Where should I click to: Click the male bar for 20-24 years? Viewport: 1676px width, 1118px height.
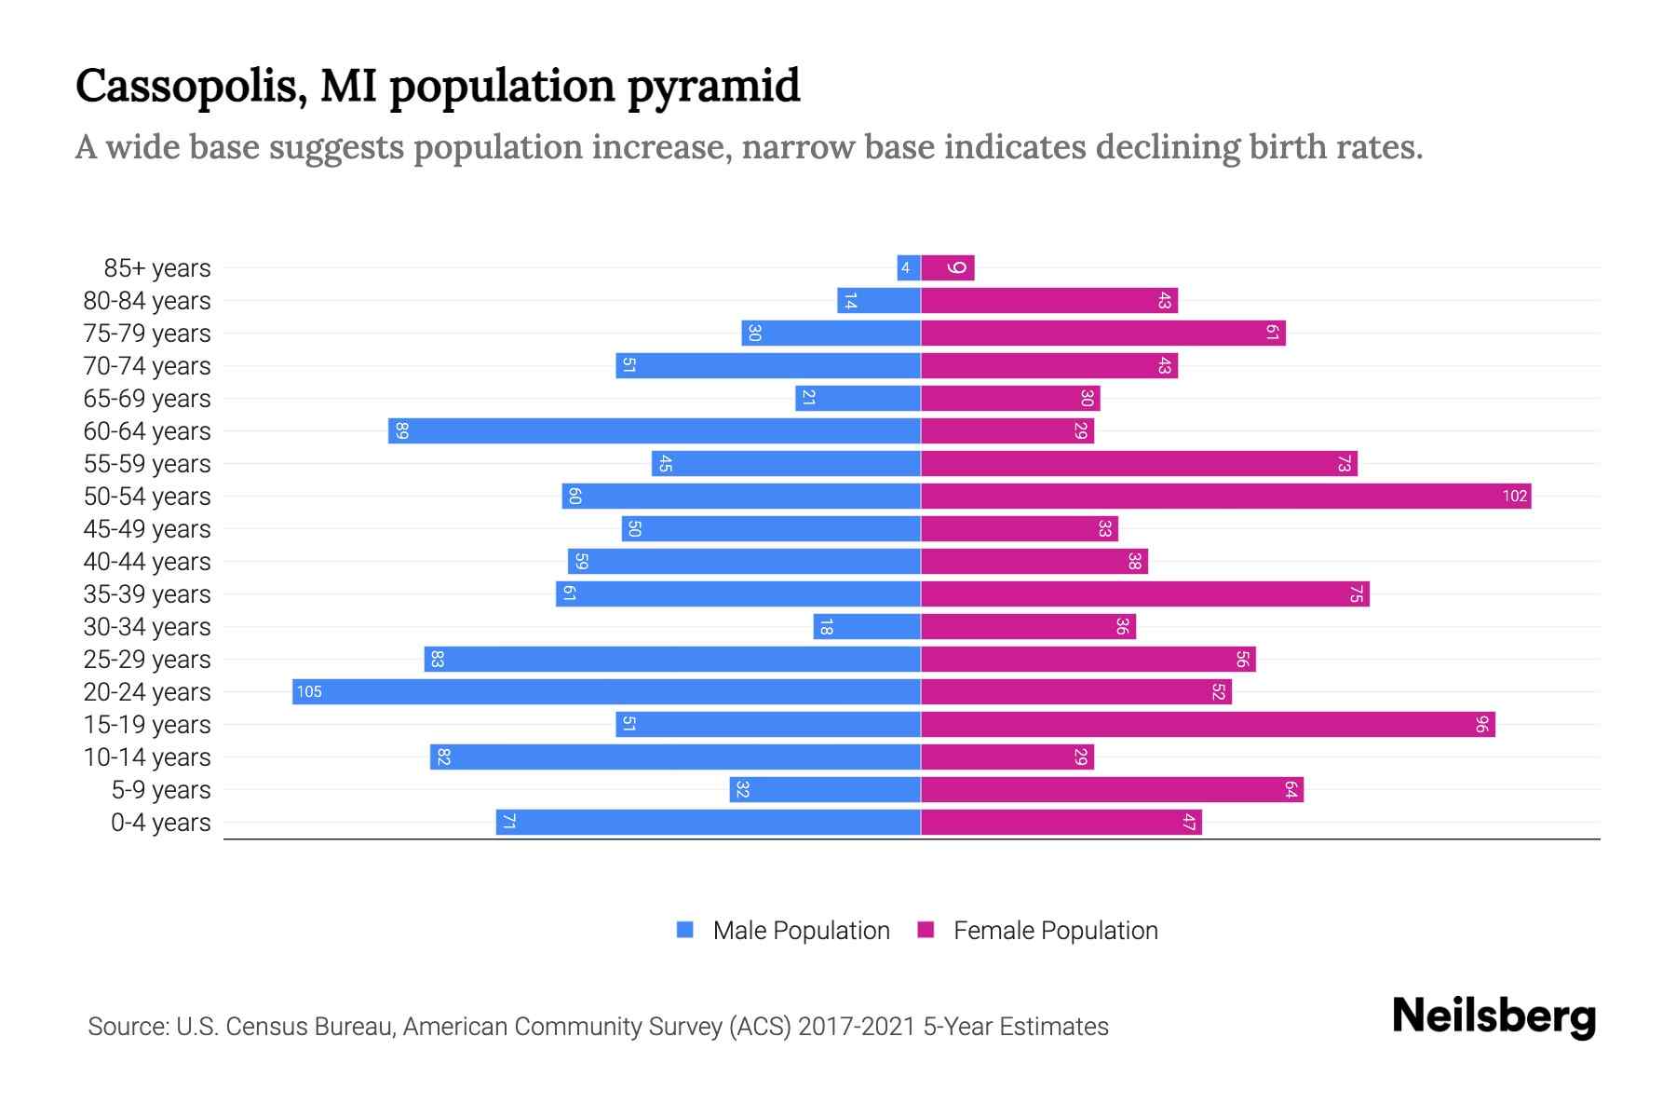605,691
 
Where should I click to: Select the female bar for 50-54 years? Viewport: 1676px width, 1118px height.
1225,496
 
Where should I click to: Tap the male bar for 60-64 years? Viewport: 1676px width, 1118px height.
654,430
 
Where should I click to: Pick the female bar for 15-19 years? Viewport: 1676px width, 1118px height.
1208,724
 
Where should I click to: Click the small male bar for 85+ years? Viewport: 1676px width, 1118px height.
908,268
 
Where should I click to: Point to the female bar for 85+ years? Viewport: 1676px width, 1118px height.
948,268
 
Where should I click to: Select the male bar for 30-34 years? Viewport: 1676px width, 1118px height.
867,626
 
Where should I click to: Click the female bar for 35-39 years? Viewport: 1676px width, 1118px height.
1144,593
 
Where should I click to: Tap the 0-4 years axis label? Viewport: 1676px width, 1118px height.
160,823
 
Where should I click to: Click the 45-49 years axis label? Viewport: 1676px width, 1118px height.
147,529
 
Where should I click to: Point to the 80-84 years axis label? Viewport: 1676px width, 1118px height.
147,301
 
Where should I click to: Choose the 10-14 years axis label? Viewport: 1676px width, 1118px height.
147,757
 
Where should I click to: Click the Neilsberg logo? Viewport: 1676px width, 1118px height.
1494,1016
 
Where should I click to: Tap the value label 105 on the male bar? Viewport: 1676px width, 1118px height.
309,691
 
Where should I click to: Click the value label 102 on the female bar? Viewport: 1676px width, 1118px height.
1514,496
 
